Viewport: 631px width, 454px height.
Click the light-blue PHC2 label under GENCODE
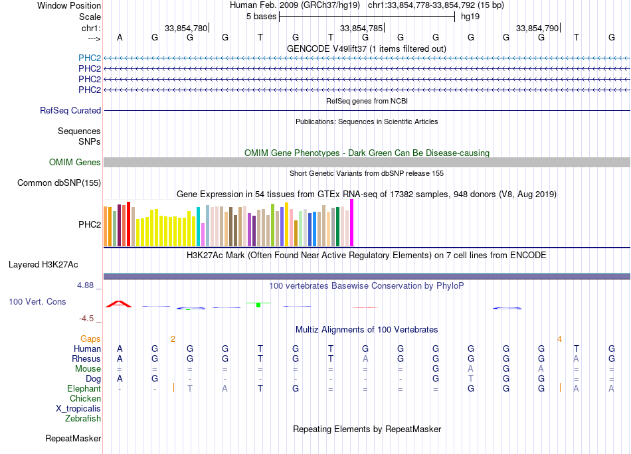pos(90,58)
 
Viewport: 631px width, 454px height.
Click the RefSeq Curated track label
pos(70,111)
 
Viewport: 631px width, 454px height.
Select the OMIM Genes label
pos(75,163)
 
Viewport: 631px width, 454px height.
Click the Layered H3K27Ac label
pos(43,265)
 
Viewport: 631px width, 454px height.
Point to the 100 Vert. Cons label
pos(37,302)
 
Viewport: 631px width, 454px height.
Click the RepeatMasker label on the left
pos(73,439)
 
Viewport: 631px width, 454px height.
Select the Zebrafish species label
pos(83,419)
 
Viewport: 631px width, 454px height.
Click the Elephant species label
pos(84,389)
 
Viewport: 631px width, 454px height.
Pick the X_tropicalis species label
pos(78,409)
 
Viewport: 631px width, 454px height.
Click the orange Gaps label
pos(90,339)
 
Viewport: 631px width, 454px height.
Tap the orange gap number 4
pos(559,339)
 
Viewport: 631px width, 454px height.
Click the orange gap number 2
pos(173,339)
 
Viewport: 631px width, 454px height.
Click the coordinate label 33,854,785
pos(361,29)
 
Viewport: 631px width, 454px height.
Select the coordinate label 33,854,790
pos(537,29)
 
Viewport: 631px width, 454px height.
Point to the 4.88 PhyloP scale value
pos(87,285)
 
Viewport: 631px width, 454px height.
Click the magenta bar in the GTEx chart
pos(352,223)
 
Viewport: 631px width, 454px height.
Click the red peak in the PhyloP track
pos(120,303)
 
